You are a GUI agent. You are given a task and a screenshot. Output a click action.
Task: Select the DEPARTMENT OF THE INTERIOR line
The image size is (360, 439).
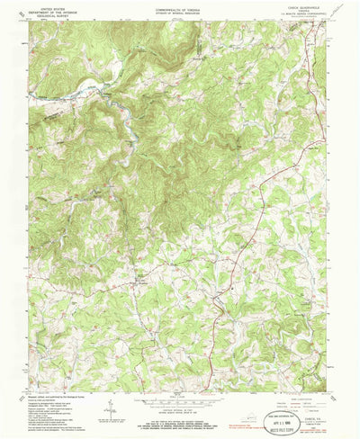pyautogui.click(x=47, y=9)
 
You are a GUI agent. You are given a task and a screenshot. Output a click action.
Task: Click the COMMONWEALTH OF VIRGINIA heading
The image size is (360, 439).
pyautogui.click(x=180, y=5)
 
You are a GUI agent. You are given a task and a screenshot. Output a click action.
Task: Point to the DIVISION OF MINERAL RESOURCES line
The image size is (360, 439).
pyautogui.click(x=180, y=9)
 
